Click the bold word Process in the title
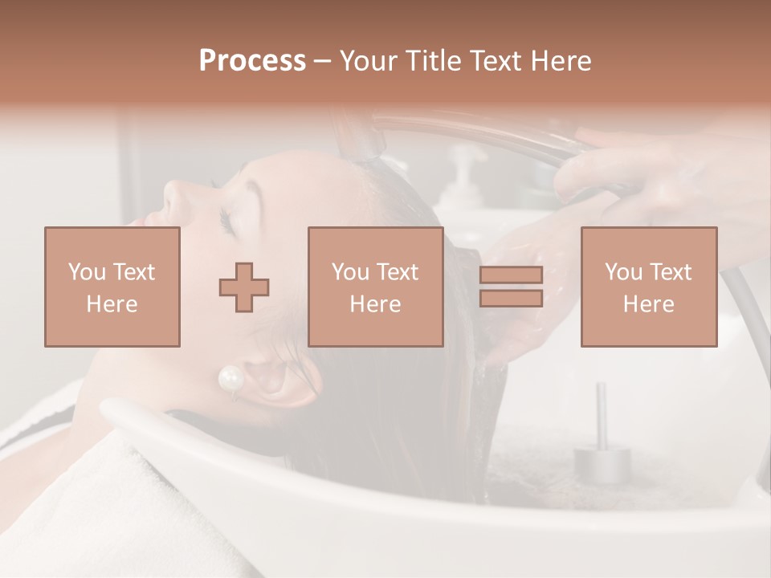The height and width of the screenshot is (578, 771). [252, 60]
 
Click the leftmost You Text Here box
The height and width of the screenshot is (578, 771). [112, 287]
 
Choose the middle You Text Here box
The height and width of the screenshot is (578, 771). [375, 287]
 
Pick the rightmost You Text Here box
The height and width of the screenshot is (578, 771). [648, 287]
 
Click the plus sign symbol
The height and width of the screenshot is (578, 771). [244, 287]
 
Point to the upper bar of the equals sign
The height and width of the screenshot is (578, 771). [511, 275]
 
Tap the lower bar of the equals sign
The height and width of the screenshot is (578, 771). [511, 299]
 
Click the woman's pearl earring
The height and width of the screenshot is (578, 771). [230, 378]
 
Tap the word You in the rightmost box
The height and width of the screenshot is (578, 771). [623, 272]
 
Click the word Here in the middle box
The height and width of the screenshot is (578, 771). [375, 303]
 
